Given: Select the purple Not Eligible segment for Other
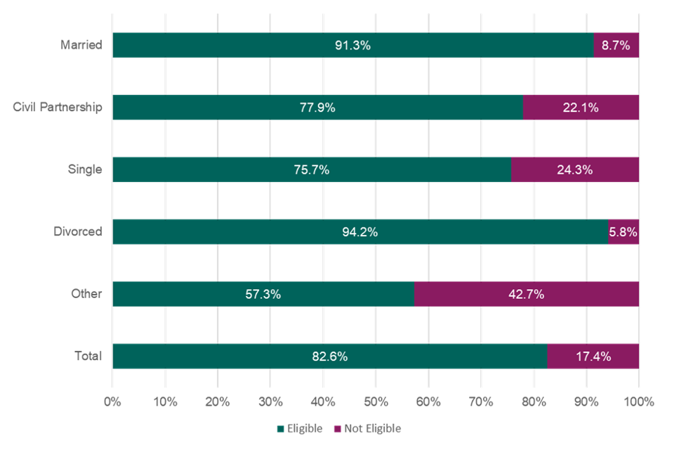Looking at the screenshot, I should pyautogui.click(x=527, y=294).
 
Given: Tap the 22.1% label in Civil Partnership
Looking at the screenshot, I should pyautogui.click(x=581, y=108).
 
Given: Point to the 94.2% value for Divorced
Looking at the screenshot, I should pyautogui.click(x=360, y=232).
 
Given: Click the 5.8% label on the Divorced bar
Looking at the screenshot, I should pyautogui.click(x=623, y=232).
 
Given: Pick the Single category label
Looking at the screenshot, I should pyautogui.click(x=84, y=169).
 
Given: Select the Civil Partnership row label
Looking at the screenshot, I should pyautogui.click(x=58, y=108).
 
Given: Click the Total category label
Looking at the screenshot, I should pyautogui.click(x=88, y=356).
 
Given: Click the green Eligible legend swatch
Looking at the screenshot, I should pyautogui.click(x=281, y=428).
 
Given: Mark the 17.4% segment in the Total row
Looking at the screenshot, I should pyautogui.click(x=593, y=356).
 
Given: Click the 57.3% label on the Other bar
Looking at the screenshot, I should pyautogui.click(x=263, y=294).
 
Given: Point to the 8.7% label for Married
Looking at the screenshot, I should pyautogui.click(x=616, y=45).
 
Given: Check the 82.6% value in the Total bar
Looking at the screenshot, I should pyautogui.click(x=329, y=356).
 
